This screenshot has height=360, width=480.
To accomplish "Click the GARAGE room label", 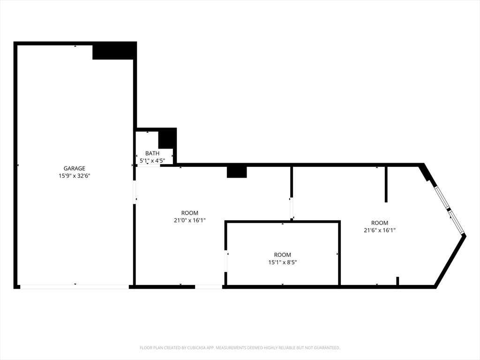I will pos(75,168).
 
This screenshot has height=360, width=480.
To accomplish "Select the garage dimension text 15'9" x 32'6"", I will pos(75,176).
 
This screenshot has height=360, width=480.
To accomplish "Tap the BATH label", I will pos(152,153).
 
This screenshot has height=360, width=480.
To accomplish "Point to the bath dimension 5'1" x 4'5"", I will pos(152,161).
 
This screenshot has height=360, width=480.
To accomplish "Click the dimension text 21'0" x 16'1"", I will pos(190,220).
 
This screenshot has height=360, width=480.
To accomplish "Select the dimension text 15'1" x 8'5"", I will pos(282,262).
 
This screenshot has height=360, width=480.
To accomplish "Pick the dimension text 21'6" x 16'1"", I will pos(379,230).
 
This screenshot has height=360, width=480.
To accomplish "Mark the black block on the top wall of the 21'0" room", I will pos(237,172).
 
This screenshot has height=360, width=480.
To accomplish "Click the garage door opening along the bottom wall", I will pos(75,286).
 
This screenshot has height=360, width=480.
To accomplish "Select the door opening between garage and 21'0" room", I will pos(135,192).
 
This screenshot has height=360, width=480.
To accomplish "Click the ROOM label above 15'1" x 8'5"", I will pos(282,255).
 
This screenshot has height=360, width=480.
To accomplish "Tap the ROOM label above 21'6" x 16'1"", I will pos(379,223).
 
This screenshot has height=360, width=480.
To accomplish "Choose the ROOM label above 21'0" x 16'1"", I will pos(190,213).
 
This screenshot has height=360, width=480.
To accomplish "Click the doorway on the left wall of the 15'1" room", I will pos(226,262).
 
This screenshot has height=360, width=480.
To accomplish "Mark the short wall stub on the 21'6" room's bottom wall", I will pos(397,281).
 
